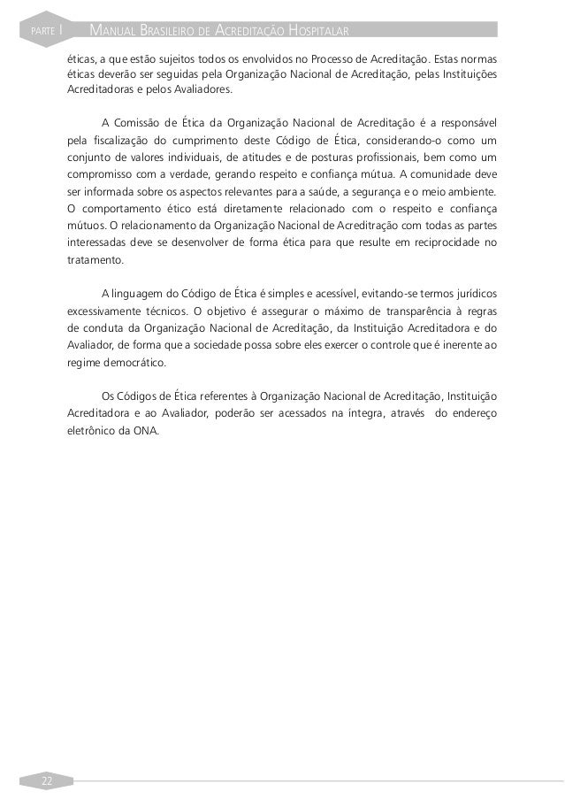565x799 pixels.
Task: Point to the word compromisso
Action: [101, 175]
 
